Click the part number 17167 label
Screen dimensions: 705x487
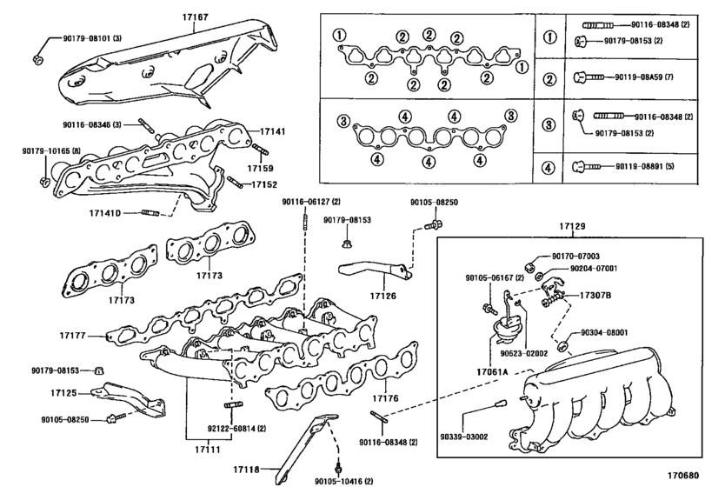click(x=195, y=17)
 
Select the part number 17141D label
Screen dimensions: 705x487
click(x=105, y=213)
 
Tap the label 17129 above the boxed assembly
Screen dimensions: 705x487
click(x=572, y=226)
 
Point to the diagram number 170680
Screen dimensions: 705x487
click(x=683, y=476)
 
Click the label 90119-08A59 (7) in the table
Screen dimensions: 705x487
click(x=644, y=77)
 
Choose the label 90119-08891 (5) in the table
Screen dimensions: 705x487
click(x=645, y=166)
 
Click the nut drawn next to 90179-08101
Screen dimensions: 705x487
click(x=37, y=58)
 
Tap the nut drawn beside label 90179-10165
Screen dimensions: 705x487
click(x=44, y=181)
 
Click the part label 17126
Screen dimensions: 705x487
click(x=383, y=296)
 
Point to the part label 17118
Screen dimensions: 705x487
click(x=246, y=470)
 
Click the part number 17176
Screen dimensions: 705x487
click(x=385, y=398)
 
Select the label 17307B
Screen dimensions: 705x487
click(x=595, y=296)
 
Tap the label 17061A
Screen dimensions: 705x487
click(x=492, y=372)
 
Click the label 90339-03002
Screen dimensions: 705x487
click(x=464, y=437)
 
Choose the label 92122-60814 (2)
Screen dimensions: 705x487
click(x=236, y=429)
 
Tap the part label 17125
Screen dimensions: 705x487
click(x=63, y=393)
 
